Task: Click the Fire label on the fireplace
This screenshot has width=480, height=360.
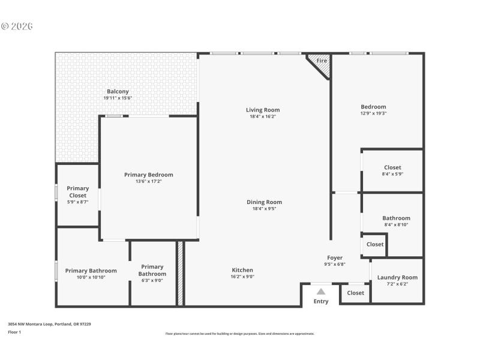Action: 322,61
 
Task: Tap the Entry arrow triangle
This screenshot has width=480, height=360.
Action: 321,291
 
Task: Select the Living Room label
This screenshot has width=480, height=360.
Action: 263,110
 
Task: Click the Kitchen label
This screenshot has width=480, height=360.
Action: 242,270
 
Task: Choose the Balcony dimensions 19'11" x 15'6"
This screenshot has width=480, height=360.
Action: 118,98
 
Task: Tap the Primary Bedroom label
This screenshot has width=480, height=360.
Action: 149,175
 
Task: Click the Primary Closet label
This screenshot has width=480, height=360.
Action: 77,192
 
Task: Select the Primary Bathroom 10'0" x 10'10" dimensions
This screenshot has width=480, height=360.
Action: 91,278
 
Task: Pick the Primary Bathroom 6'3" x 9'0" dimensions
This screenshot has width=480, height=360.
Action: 152,281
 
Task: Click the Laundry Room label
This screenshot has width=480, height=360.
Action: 397,277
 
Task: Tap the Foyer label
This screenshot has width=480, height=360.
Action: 335,257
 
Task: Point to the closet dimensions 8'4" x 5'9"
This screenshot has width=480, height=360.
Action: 392,174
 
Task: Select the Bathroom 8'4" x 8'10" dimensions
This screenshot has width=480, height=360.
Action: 396,224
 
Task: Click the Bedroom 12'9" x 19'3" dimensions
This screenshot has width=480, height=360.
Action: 373,113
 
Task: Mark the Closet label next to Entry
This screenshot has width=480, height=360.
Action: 355,293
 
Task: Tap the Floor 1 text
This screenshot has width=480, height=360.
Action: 14,332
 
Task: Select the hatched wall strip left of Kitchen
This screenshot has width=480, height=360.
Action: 179,273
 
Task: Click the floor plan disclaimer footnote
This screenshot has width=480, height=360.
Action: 240,334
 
